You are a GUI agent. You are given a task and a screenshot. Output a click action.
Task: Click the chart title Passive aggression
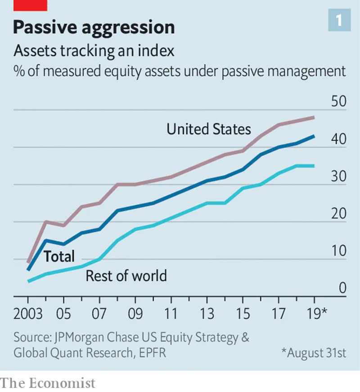[x=94, y=28]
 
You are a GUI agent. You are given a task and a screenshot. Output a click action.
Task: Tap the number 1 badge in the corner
[x=338, y=21]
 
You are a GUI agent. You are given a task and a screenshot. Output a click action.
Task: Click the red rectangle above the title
[x=30, y=5]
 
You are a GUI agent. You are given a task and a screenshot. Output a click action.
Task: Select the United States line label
[x=208, y=130]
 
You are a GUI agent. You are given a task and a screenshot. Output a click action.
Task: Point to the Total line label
[x=59, y=257]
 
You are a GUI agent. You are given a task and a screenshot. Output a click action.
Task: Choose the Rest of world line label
[x=126, y=275]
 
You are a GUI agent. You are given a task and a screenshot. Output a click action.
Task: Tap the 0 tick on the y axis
[x=342, y=288]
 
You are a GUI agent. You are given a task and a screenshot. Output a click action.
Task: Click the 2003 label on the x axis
[x=28, y=314]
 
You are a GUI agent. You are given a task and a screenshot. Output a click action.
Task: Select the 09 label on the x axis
[x=135, y=314]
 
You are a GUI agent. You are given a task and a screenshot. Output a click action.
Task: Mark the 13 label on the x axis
[x=207, y=314]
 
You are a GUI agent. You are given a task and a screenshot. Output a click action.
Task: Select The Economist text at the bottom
[x=48, y=383]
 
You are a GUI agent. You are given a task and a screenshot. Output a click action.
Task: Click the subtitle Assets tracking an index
[x=94, y=51]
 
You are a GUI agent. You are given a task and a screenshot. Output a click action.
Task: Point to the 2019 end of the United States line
[x=314, y=117]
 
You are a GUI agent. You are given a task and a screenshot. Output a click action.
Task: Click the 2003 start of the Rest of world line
[x=28, y=281]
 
